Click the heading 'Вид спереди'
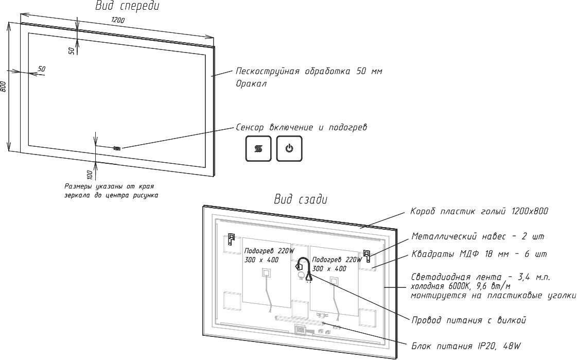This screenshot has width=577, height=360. click(127, 6)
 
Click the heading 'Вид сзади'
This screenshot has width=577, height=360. click(301, 199)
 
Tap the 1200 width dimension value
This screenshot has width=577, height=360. click(118, 20)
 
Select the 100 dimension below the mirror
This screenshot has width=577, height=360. click(90, 174)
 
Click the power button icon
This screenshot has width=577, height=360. click(289, 148)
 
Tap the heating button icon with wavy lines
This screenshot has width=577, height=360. click(258, 148)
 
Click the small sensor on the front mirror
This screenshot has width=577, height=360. click(117, 148)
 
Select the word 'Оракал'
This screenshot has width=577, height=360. click(251, 83)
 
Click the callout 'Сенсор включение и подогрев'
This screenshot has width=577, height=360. click(302, 127)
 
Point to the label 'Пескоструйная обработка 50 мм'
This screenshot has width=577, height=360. click(309, 71)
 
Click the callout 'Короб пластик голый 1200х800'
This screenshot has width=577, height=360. click(480, 211)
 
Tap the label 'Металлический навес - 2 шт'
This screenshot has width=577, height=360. click(478, 236)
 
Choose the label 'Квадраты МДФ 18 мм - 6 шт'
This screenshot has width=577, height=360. click(479, 254)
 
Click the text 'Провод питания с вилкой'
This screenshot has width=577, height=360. click(469, 320)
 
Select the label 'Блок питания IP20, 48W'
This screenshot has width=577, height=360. click(466, 346)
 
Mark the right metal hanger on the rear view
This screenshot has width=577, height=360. click(367, 256)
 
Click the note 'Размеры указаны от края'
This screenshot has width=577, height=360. click(109, 186)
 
